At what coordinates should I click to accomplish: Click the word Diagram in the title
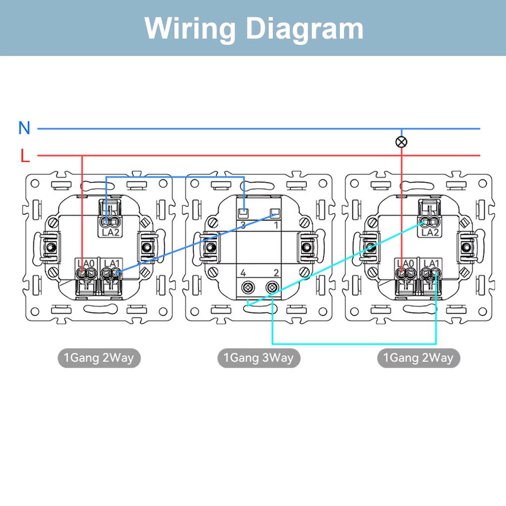coord(305,28)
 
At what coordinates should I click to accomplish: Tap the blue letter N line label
coord(24,128)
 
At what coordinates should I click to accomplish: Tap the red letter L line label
coord(25,156)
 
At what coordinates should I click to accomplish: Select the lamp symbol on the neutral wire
coord(402,142)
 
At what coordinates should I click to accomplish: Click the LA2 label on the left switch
coord(111,232)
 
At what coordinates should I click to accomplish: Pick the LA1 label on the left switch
coord(112,263)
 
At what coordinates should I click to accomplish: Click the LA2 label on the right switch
coord(429,232)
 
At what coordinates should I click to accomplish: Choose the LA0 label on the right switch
coord(405,263)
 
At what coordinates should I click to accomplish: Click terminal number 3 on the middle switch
coord(243,225)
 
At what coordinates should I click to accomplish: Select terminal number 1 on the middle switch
coord(276,225)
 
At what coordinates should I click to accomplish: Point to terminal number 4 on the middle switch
coord(243,273)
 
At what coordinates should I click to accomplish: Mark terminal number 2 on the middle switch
coord(276,273)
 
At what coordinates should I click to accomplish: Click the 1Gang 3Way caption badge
coord(258,358)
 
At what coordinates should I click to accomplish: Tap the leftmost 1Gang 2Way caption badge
coord(99,358)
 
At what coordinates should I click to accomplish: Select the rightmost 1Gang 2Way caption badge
coord(418,358)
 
